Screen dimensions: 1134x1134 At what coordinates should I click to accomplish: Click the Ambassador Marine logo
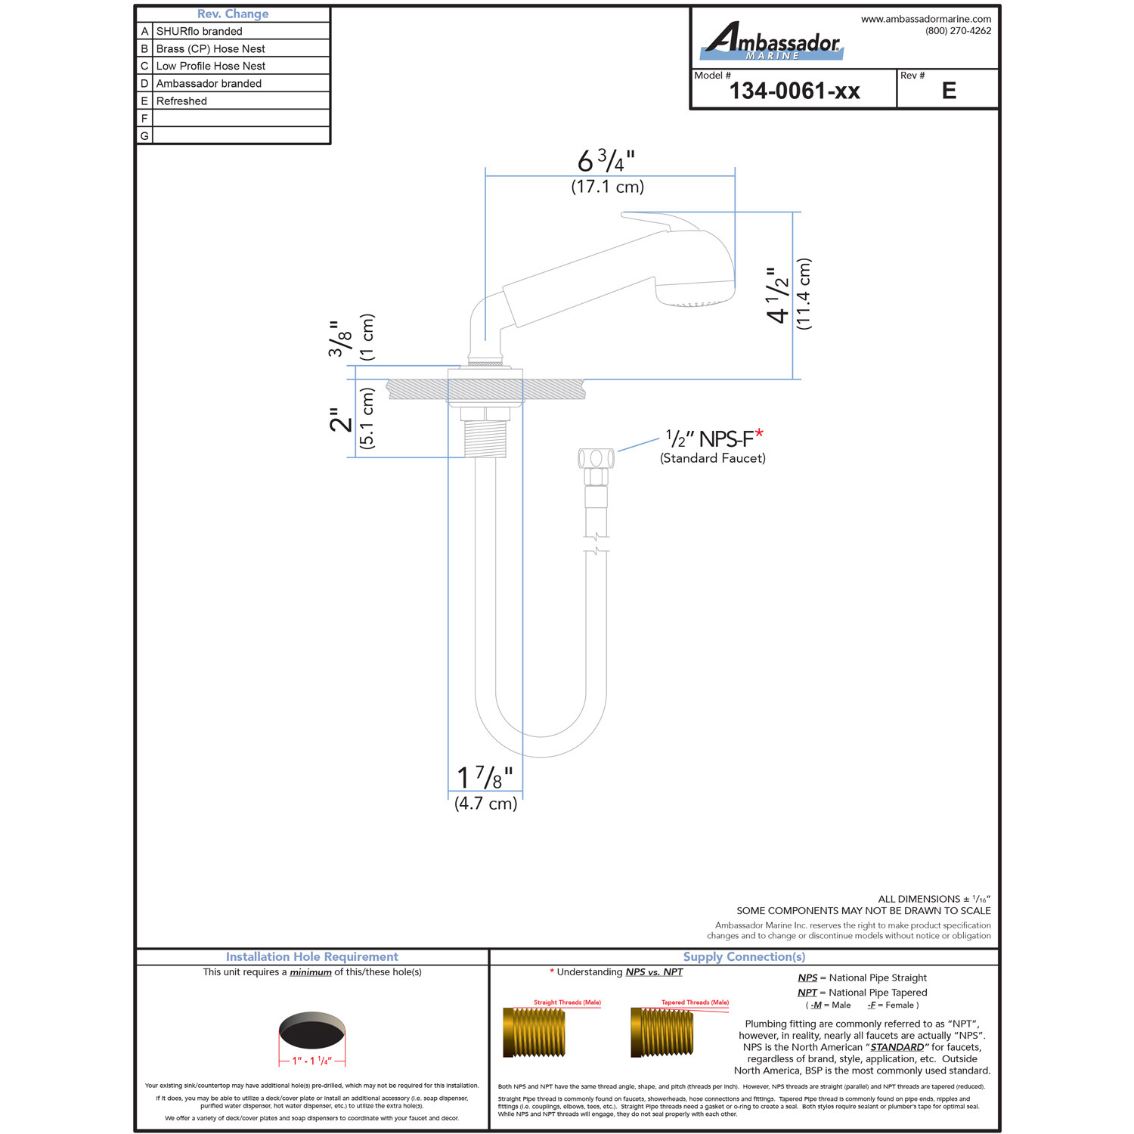click(x=772, y=41)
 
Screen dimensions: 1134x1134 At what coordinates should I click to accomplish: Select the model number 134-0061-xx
click(x=795, y=91)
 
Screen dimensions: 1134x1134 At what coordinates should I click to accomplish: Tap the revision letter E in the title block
click(x=949, y=91)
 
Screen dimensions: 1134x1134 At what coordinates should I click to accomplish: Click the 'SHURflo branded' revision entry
click(x=200, y=31)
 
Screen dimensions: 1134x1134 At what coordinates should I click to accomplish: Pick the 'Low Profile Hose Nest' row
click(x=211, y=66)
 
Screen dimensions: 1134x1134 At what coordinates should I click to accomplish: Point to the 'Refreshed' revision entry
click(x=181, y=101)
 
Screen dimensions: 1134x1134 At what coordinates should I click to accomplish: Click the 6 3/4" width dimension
click(x=606, y=161)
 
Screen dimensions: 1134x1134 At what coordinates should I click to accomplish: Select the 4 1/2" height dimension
click(x=779, y=295)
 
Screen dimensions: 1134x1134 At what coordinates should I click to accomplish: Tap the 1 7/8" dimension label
click(x=485, y=777)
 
